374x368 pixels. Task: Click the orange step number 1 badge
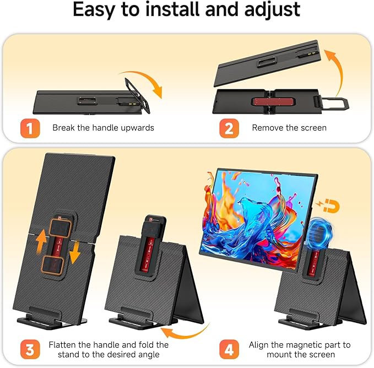click(29, 127)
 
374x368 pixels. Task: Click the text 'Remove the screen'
click(289, 128)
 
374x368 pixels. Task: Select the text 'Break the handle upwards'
click(103, 128)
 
